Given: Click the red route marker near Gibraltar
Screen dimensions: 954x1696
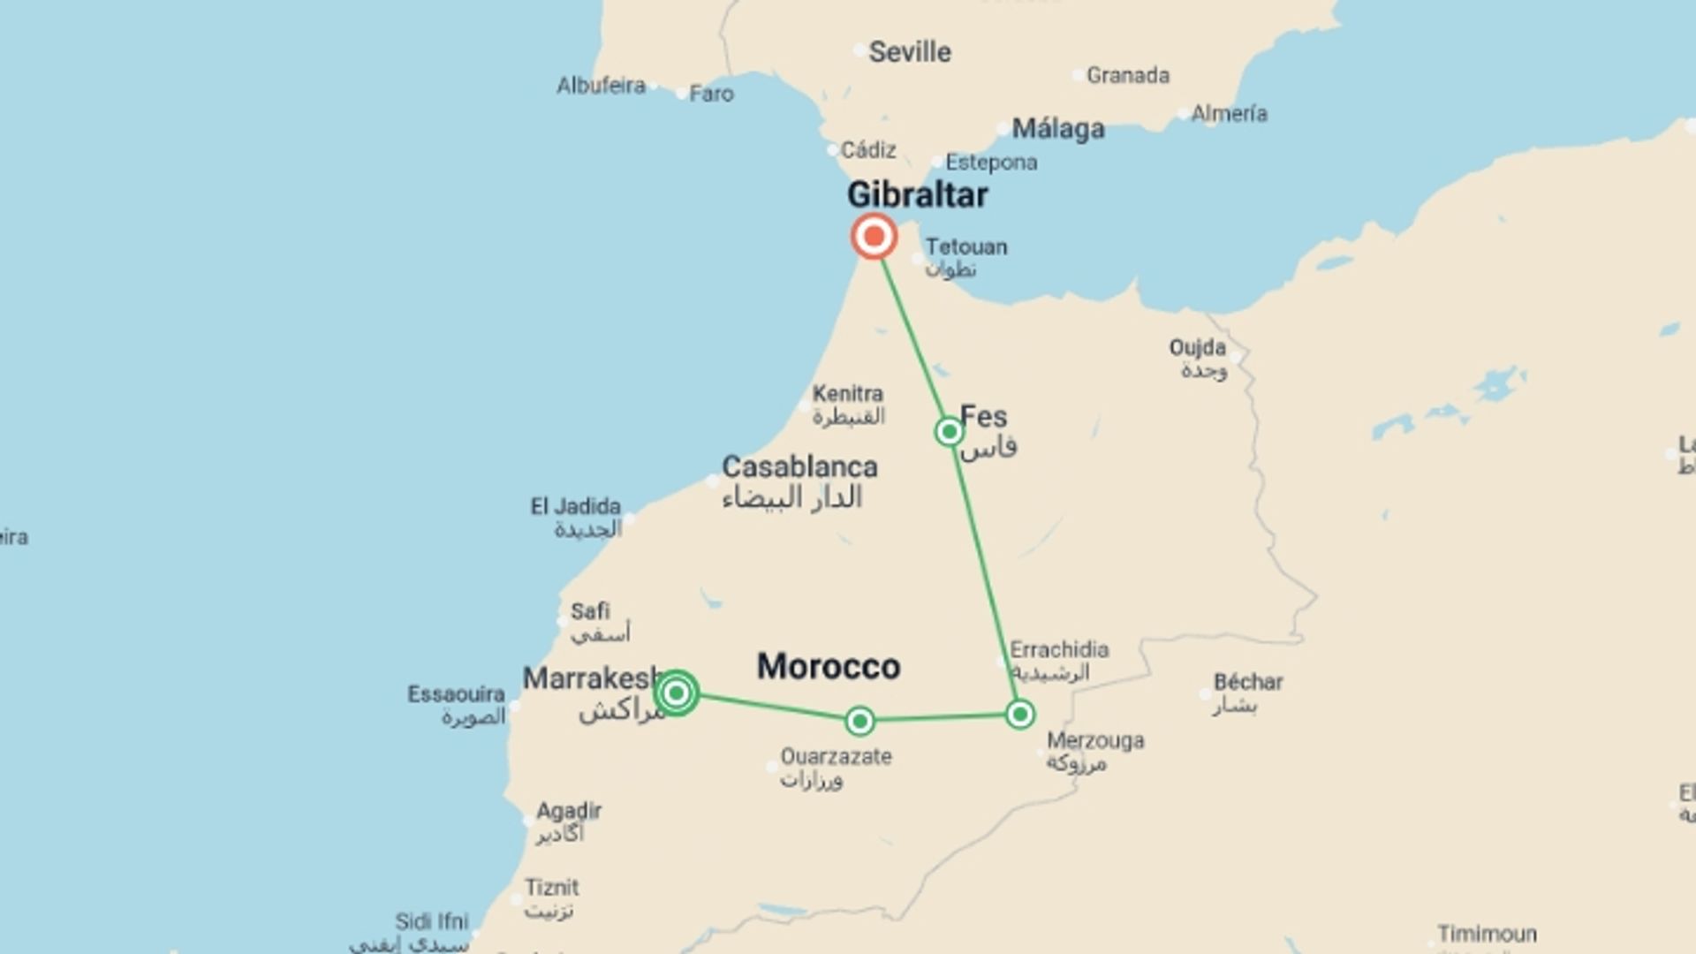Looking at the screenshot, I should point(874,237).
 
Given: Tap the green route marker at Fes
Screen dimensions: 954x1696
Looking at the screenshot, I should point(949,431).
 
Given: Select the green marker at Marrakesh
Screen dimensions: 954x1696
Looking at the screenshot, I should point(677,693).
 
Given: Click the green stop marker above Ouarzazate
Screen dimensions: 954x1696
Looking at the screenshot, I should point(859,721).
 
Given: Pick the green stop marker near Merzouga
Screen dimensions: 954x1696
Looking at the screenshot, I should point(1019,714).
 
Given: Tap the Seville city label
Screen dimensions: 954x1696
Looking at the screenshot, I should point(909,52).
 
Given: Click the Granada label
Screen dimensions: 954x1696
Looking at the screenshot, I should point(1127,76).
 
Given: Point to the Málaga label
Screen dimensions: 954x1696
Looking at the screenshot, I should point(1057,129).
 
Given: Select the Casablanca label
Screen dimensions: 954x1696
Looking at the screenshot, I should point(799,467).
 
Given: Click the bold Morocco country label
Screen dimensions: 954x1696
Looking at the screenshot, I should point(829,667).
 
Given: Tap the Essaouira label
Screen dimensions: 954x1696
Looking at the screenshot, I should point(456,694).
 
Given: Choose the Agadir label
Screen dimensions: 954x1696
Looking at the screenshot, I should point(569,811).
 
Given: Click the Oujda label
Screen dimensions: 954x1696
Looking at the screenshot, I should point(1197,348).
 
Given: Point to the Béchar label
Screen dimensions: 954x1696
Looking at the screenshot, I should point(1247,683).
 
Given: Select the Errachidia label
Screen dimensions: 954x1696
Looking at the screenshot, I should point(1058,650).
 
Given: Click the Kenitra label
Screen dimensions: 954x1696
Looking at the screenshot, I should point(847,394).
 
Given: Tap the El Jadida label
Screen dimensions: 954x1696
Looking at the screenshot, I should point(575,507).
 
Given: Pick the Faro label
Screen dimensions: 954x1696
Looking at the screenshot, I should point(711,94).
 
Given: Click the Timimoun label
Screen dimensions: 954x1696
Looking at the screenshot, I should point(1487,934).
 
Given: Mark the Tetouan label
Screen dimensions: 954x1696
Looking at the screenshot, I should point(965,247).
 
